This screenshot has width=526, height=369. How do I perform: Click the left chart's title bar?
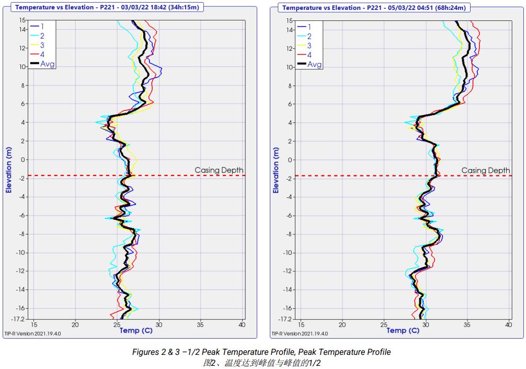[x=108, y=7]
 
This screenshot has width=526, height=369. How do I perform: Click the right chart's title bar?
[x=375, y=7]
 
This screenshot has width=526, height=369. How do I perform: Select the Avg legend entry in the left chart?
[x=48, y=64]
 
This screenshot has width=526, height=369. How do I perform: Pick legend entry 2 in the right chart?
[x=309, y=36]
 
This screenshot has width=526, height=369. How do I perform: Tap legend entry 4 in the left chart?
[x=42, y=55]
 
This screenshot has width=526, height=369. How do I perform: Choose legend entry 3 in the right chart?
[x=309, y=46]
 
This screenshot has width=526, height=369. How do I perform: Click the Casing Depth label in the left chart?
[x=219, y=170]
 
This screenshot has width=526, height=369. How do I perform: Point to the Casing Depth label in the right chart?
[x=486, y=170]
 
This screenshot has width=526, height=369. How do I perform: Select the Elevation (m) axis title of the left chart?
[x=9, y=170]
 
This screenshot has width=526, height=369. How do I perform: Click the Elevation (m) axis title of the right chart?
[x=276, y=170]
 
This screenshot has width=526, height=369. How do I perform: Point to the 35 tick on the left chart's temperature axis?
[x=201, y=325]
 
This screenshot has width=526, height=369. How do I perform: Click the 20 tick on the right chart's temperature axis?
[x=342, y=325]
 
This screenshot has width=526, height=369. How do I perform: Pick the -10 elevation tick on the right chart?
[x=287, y=252]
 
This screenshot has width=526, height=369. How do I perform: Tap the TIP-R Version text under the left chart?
[x=32, y=333]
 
